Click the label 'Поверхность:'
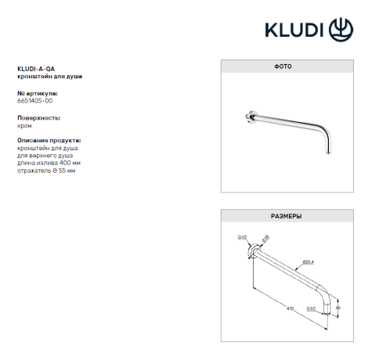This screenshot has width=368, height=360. pyautogui.click(x=38, y=117)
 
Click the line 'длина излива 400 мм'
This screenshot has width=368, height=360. pyautogui.click(x=48, y=162)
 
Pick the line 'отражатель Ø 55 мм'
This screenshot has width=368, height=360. pyautogui.click(x=46, y=169)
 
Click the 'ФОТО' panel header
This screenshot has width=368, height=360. pyautogui.click(x=283, y=67)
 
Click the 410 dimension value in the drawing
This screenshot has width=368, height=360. pyautogui.click(x=289, y=308)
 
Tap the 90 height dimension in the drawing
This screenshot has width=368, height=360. pyautogui.click(x=337, y=308)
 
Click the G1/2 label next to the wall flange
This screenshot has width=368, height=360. pyautogui.click(x=242, y=236)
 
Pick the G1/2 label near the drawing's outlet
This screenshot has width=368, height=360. pyautogui.click(x=312, y=309)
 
